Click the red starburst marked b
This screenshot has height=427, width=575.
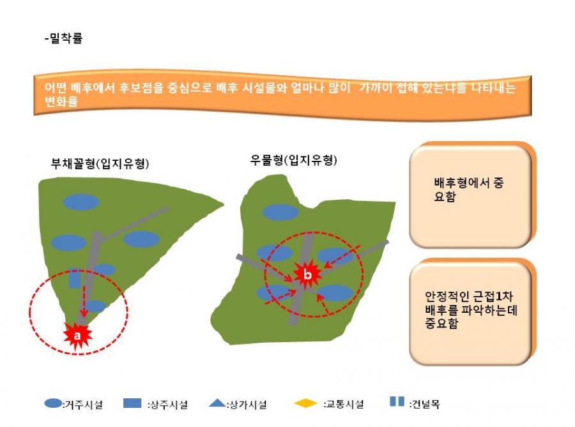click(x=307, y=274)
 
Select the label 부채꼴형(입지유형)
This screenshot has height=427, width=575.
click(x=100, y=163)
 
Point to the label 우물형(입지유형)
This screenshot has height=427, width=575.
click(x=293, y=160)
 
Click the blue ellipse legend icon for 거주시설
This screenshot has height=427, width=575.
click(x=53, y=403)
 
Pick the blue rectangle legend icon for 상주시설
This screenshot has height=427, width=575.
click(x=132, y=403)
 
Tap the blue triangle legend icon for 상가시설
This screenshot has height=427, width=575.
click(x=217, y=403)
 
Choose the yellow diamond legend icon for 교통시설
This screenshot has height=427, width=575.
click(x=305, y=403)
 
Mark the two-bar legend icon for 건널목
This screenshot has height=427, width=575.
click(x=397, y=401)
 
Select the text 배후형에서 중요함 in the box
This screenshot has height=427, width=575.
click(x=469, y=190)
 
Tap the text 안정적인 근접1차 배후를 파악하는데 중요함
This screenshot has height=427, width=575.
click(x=471, y=310)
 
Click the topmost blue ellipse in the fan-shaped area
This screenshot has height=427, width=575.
click(x=81, y=202)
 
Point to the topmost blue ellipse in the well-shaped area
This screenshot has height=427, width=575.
click(x=280, y=212)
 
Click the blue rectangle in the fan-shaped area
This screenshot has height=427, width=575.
click(x=75, y=278)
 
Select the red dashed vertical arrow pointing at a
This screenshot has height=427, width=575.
click(x=84, y=301)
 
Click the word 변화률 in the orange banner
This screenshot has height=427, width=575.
click(x=61, y=101)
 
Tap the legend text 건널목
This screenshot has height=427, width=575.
click(x=425, y=404)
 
